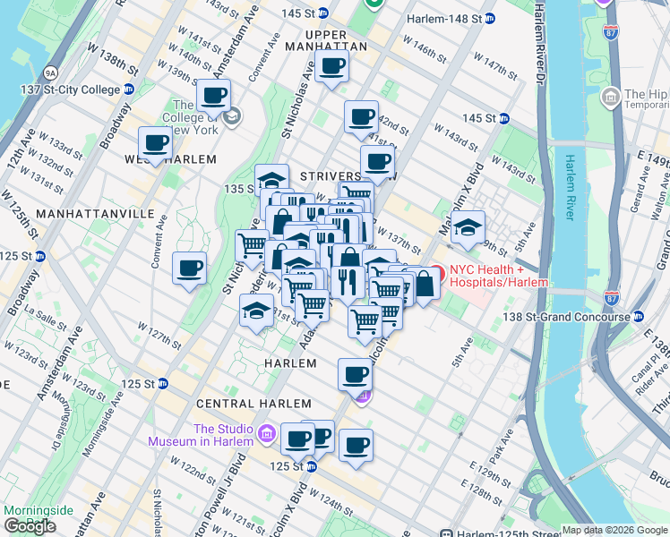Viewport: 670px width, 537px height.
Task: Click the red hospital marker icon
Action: click(437, 271)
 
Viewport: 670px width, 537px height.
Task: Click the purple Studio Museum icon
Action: click(265, 435)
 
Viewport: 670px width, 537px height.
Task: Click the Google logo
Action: click(30, 526)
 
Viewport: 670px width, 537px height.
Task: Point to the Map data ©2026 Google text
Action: click(613, 530)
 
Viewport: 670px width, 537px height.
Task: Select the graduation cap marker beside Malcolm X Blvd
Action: click(467, 227)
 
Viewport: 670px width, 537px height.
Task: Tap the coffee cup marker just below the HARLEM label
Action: click(356, 373)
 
